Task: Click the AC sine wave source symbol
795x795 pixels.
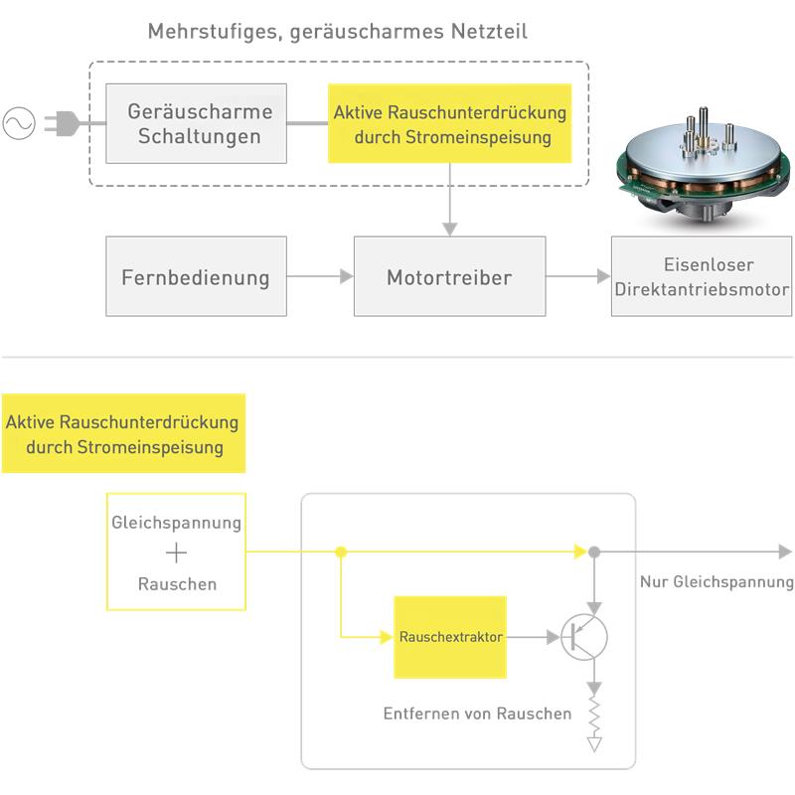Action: coord(19,123)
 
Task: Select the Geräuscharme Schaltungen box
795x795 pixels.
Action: coord(197,123)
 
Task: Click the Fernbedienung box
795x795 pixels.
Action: coord(197,276)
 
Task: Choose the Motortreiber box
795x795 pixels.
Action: coord(449,276)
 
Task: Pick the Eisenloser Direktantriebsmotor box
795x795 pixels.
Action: coord(702,276)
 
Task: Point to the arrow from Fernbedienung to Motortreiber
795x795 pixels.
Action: coord(321,276)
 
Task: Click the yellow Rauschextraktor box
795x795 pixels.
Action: coord(450,637)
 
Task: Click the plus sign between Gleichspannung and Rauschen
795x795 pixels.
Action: coord(176,554)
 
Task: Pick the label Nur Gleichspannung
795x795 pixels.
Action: coord(716,582)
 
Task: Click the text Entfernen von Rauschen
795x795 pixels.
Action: coord(477,714)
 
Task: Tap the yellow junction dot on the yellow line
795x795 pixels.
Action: coord(341,552)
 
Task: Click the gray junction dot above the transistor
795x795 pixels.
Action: coord(594,552)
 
